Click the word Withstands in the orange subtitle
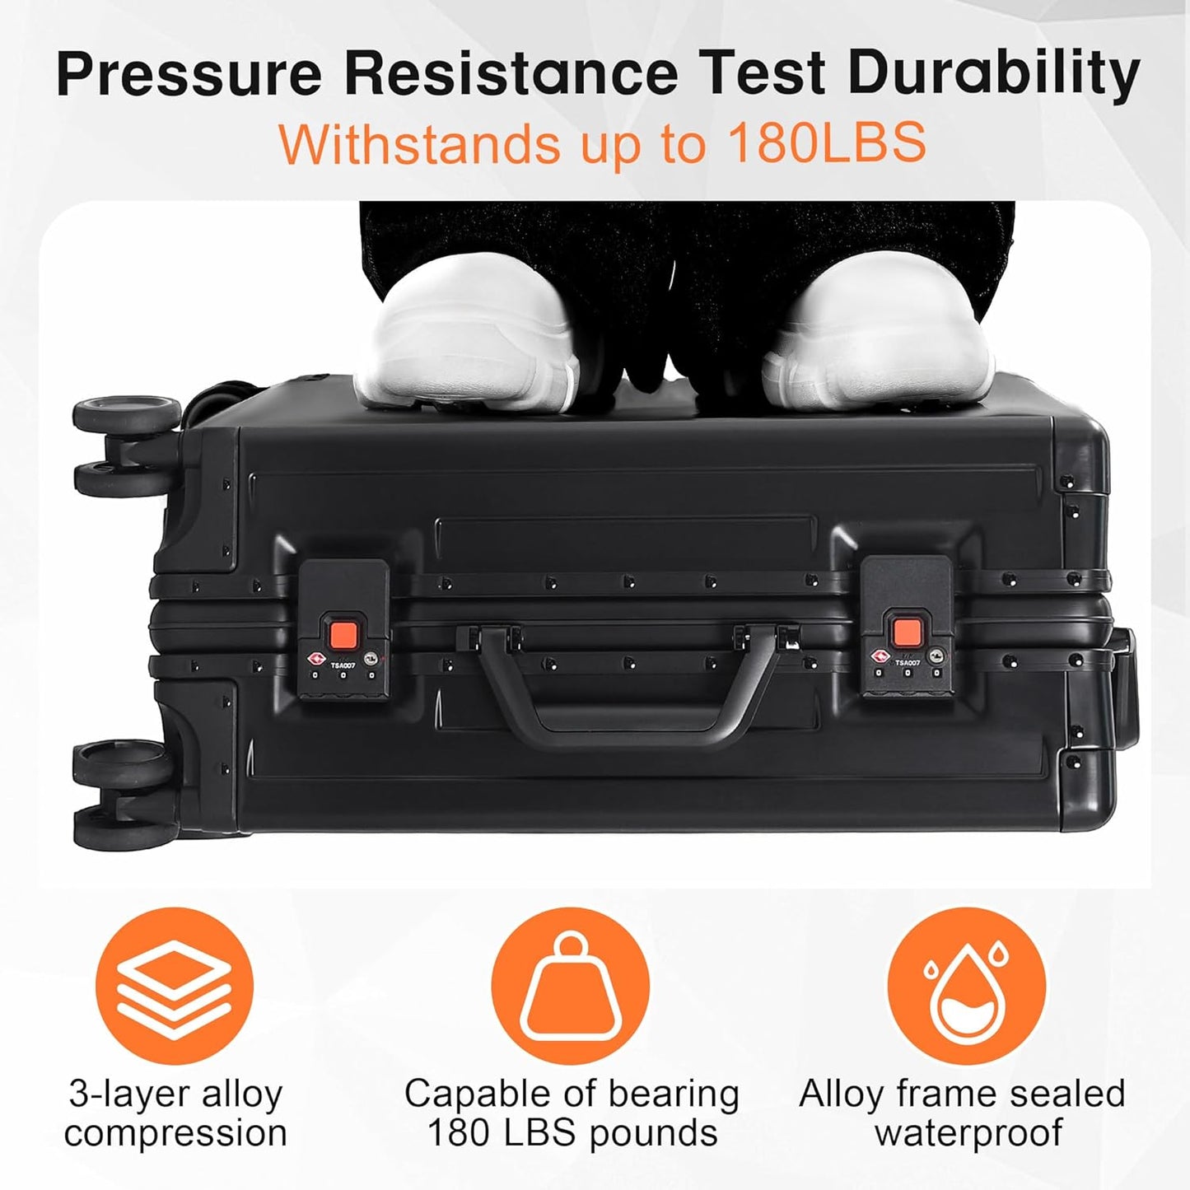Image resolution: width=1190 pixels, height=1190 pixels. (x=420, y=144)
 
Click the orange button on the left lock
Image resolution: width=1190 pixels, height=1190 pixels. (x=343, y=634)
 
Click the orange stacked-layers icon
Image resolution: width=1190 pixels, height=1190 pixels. (x=175, y=986)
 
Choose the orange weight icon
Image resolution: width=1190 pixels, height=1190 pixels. (x=570, y=986)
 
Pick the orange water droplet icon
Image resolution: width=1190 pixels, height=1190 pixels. (x=966, y=986)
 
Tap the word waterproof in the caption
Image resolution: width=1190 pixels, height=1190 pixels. (x=968, y=1133)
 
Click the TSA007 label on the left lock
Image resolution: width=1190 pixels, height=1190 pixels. (x=343, y=664)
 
